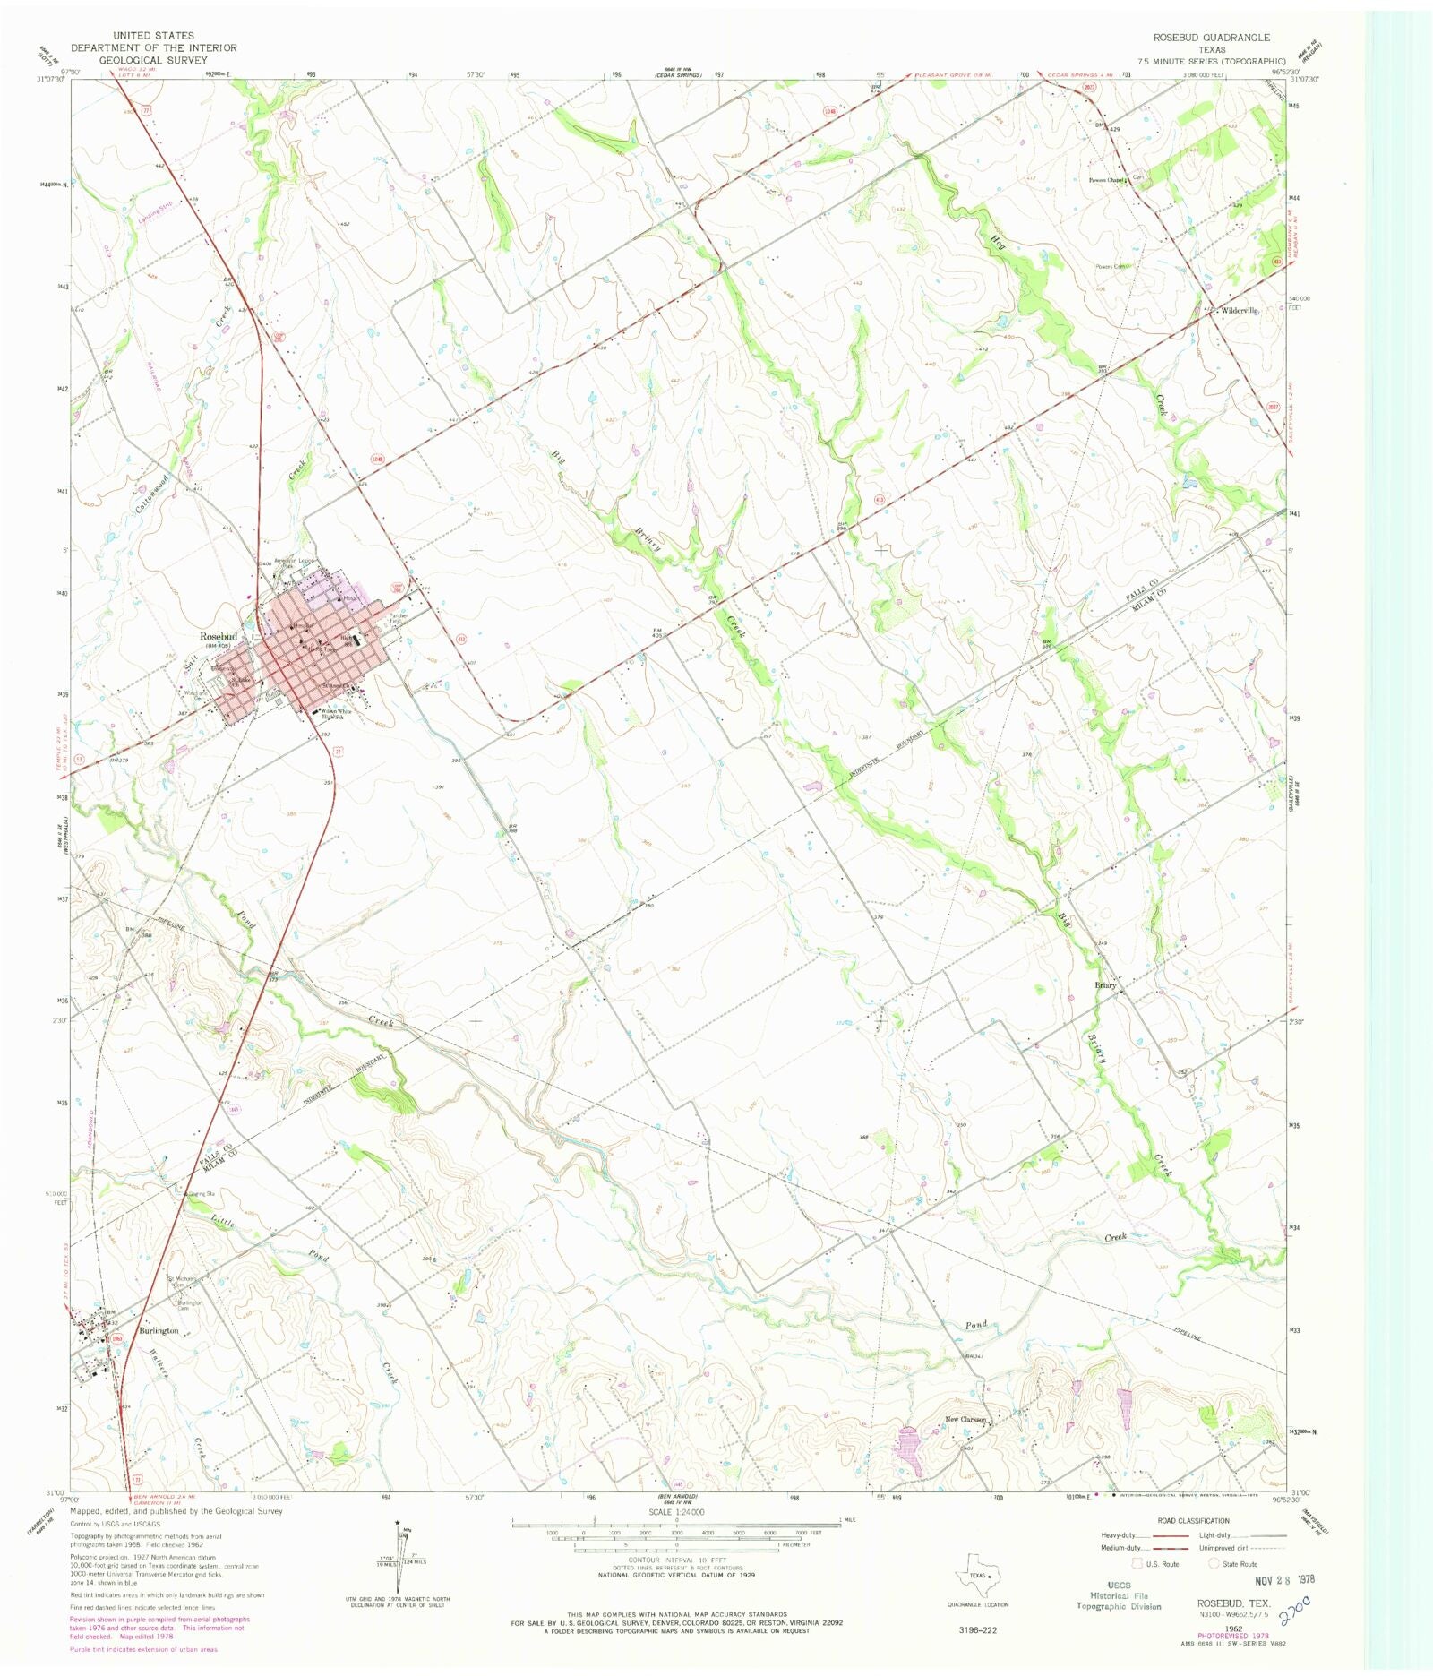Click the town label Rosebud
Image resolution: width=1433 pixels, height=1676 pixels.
click(x=218, y=636)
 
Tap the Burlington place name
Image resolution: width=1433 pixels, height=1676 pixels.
click(x=159, y=1330)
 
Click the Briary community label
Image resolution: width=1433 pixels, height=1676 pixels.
click(x=1106, y=985)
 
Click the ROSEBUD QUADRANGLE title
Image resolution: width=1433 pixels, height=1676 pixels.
click(x=1211, y=38)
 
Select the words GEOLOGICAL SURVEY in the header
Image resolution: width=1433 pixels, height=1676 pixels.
click(x=153, y=60)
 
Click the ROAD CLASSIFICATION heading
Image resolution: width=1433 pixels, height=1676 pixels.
click(x=1193, y=1521)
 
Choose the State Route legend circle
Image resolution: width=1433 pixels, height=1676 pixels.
click(x=1215, y=1564)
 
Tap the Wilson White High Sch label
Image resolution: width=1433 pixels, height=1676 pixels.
click(x=331, y=714)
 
